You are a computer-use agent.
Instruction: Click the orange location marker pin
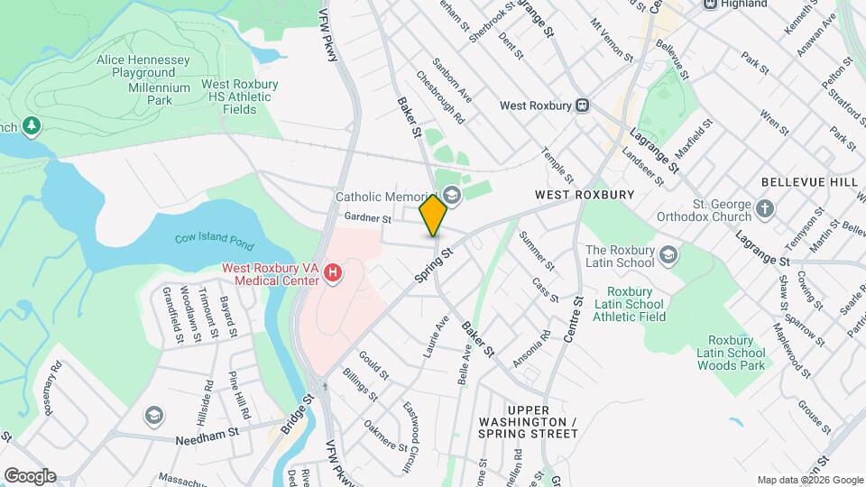tap(434, 215)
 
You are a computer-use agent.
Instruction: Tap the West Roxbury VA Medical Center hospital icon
tap(333, 272)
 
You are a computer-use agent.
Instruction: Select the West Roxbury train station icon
tap(583, 106)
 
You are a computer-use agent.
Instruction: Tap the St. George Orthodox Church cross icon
tap(765, 210)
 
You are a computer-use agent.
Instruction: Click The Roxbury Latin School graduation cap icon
tap(668, 256)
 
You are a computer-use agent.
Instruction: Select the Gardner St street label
tap(367, 218)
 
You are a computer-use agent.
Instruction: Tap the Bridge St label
tap(295, 414)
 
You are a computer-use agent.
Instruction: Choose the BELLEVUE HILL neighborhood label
tap(808, 182)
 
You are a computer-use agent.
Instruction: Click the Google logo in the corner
tap(29, 475)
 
